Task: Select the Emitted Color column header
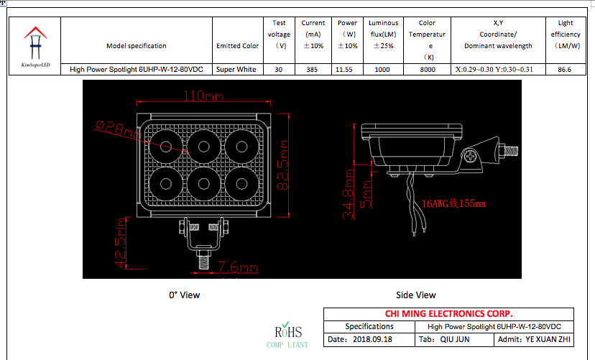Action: point(237,46)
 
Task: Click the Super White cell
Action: point(237,70)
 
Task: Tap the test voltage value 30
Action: point(279,70)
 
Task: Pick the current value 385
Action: point(313,70)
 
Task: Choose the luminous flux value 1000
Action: point(382,70)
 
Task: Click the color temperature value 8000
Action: point(427,70)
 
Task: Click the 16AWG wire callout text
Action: point(453,203)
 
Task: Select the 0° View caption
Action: point(184,295)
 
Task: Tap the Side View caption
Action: point(415,295)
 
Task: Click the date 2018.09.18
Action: point(372,338)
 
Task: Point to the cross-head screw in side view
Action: point(471,155)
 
